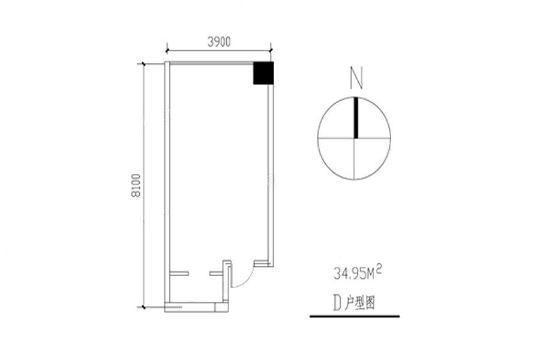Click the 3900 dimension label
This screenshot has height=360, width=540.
(219, 42)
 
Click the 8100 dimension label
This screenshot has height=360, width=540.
(136, 185)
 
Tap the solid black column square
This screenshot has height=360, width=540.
(263, 73)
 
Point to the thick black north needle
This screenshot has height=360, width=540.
(356, 118)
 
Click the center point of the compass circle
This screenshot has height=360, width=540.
(355, 139)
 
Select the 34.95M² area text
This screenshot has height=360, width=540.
(358, 273)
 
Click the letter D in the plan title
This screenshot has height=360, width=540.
(337, 303)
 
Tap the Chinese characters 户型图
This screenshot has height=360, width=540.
(360, 304)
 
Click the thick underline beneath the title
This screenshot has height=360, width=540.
(355, 316)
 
